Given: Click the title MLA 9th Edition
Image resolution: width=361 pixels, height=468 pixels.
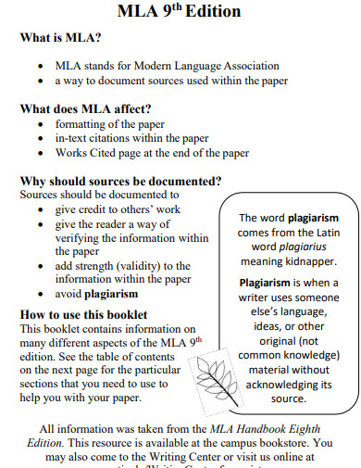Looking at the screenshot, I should click(x=180, y=12).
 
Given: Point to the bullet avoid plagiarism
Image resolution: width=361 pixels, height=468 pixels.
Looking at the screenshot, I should click(x=96, y=295).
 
